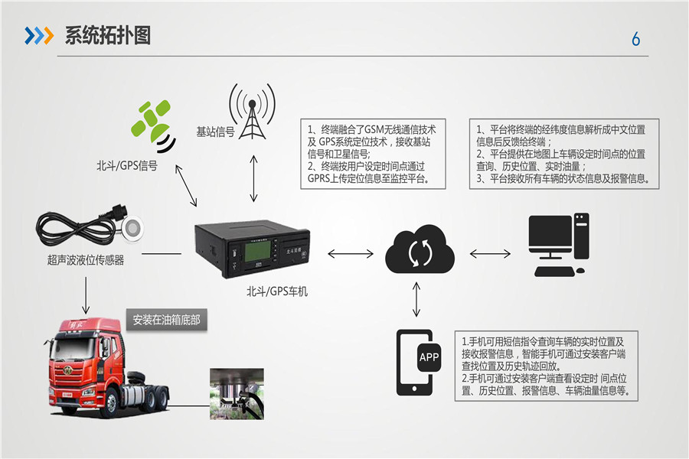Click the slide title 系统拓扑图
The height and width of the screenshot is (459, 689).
tap(107, 35)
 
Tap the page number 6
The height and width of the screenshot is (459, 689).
tap(635, 40)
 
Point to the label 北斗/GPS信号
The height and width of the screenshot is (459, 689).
tap(127, 165)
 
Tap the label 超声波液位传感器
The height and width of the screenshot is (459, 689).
tap(85, 260)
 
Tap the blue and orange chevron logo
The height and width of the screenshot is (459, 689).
tap(38, 35)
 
